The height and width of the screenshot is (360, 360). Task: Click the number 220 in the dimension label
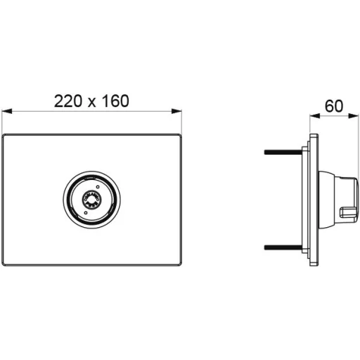pos(68,101)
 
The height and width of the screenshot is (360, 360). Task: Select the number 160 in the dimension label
pos(115,101)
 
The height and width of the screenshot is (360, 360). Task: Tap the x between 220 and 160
pos(91,103)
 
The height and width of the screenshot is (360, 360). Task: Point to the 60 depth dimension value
pos(334,106)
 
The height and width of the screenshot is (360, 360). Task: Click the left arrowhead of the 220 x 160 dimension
pos(7,111)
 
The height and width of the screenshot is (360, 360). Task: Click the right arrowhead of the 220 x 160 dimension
pos(176,111)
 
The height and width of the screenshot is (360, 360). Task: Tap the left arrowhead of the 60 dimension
pos(315,116)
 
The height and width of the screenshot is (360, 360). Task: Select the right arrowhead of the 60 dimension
pos(354,116)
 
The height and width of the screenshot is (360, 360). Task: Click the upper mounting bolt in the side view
pos(283,152)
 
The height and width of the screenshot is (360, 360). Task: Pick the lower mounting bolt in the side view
pos(283,247)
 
